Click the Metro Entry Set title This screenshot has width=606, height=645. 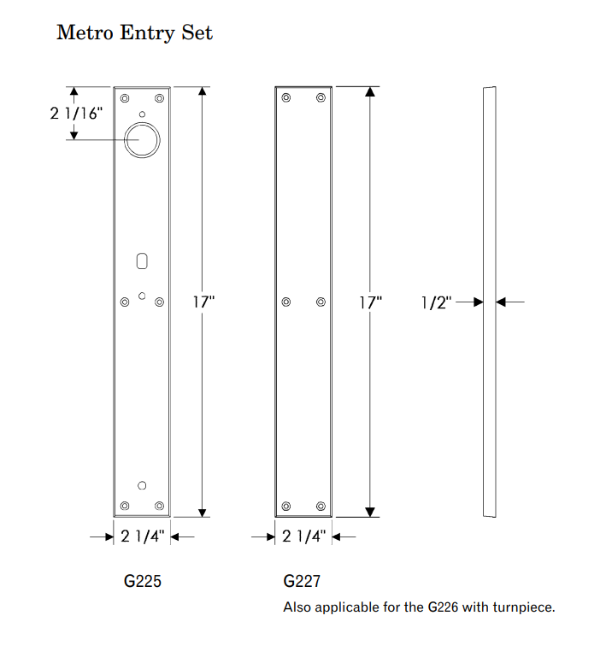pos(134,33)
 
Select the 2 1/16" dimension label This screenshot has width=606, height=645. pos(75,113)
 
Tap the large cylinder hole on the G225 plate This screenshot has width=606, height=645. pos(142,139)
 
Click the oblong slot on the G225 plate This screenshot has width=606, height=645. pos(142,260)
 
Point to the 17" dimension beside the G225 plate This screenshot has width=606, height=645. pos(203,302)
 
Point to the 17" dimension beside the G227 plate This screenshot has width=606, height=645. pos(370,302)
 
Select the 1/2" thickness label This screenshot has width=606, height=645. pos(437,302)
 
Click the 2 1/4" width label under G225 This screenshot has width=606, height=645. pos(142,537)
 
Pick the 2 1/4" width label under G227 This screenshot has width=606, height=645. pos(303,537)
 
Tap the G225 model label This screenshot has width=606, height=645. pos(142,582)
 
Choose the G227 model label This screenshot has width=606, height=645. pos(302,582)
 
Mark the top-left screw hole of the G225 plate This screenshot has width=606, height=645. pos(126,97)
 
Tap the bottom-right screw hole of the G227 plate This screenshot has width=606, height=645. pos(321,506)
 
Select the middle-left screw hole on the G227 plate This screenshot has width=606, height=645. pos(286,302)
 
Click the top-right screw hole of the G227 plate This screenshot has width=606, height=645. pos(321,97)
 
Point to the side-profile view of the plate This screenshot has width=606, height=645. pos(489,302)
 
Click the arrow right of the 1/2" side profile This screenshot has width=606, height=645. pos(510,302)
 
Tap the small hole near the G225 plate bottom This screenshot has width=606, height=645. pos(142,486)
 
